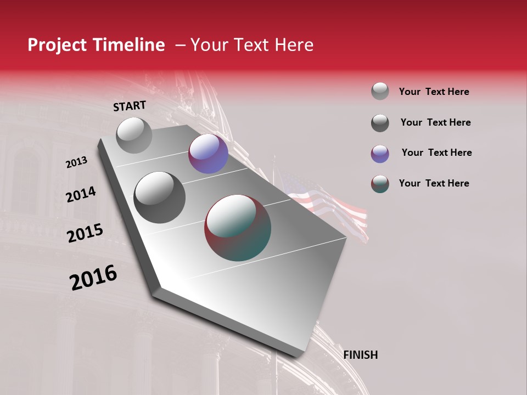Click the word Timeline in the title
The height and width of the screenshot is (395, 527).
126,45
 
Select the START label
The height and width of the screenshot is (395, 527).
130,106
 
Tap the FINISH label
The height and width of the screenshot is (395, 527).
360,355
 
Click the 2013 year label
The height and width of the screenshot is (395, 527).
76,162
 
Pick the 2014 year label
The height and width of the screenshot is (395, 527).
81,195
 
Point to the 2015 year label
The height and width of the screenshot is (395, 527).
85,233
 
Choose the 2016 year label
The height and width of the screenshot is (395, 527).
93,278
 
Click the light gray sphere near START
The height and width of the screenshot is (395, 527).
134,135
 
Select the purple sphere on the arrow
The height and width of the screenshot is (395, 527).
208,154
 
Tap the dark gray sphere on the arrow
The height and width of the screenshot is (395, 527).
159,197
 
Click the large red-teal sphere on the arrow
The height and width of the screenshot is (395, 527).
238,228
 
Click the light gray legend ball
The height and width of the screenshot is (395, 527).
380,91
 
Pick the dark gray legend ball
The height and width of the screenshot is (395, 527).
380,123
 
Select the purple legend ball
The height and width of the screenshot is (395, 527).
380,154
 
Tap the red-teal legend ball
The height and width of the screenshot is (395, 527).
380,184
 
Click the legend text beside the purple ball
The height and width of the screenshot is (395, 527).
436,153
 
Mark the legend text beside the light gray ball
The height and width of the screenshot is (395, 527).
434,92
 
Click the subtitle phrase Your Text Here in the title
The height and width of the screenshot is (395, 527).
252,45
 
